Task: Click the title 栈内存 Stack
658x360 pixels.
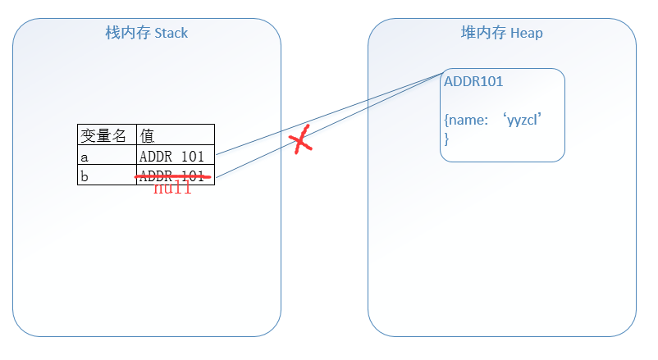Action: (146, 33)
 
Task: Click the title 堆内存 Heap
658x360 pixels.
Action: (501, 33)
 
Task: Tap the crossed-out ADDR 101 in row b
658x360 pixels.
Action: (171, 174)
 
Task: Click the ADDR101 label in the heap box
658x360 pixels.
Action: (473, 82)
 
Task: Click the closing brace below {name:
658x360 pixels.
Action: (447, 139)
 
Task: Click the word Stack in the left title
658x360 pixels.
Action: (171, 33)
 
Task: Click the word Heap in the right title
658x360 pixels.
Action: (526, 33)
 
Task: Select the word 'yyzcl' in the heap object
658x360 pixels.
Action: (524, 121)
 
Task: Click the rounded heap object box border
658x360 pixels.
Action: (564, 115)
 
